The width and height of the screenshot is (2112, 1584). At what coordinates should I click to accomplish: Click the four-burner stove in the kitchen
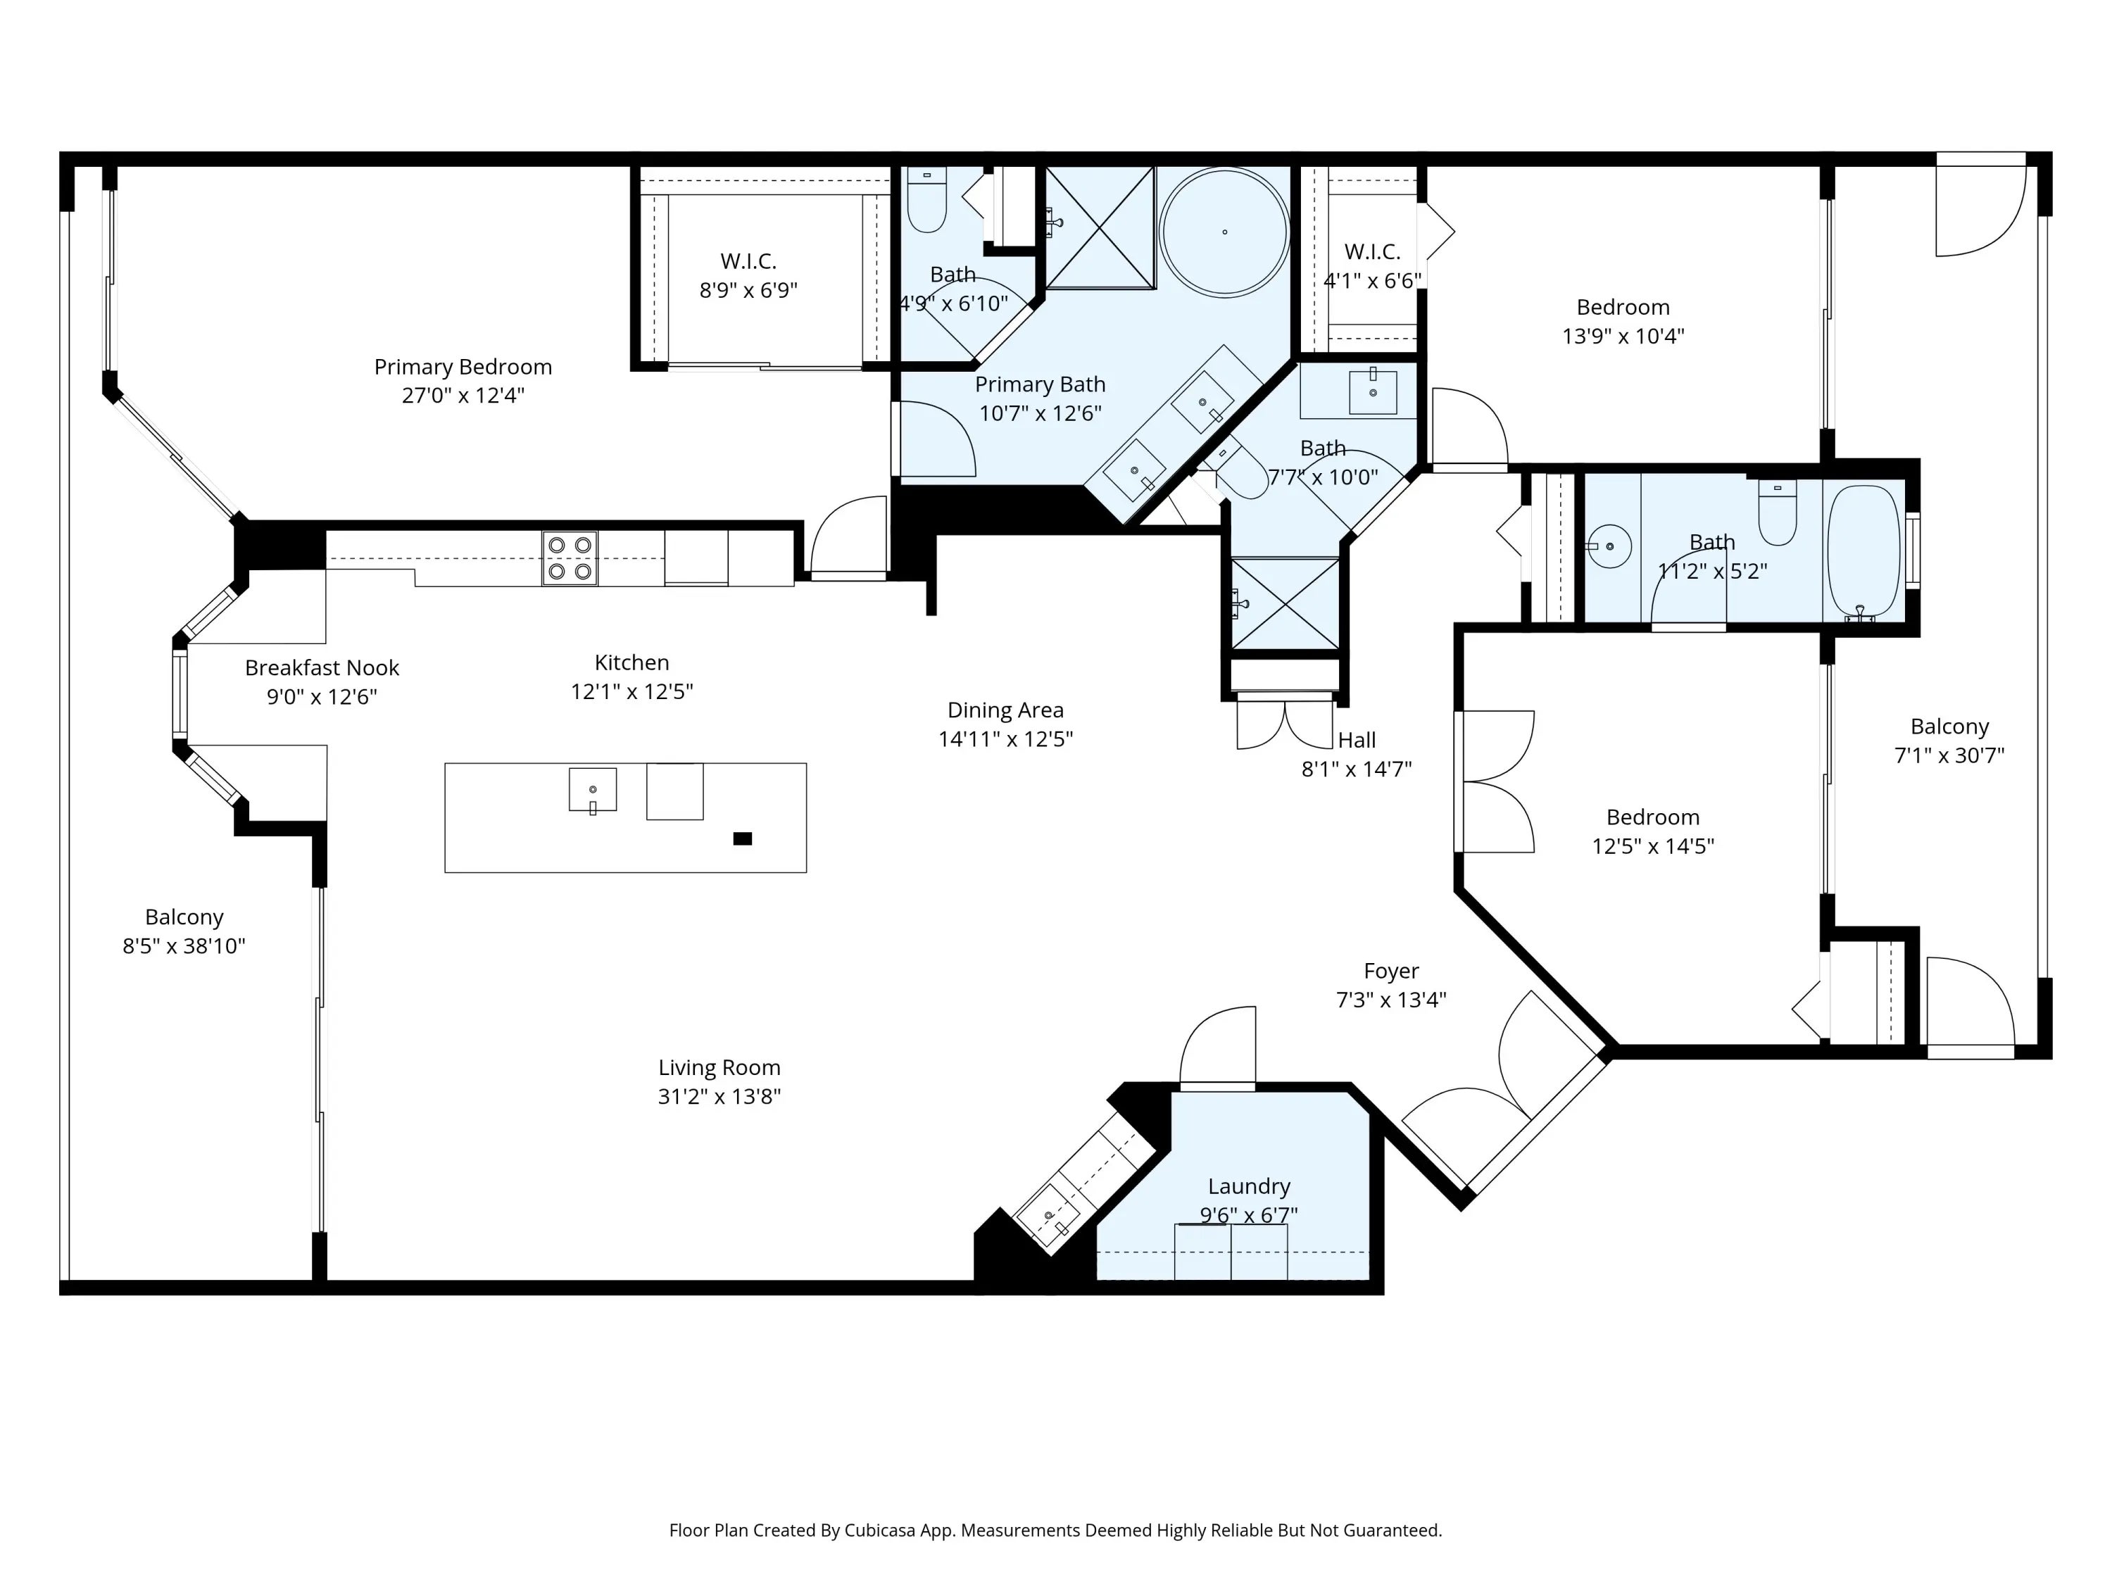click(570, 558)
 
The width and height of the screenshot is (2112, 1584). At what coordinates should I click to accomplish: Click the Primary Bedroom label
click(463, 367)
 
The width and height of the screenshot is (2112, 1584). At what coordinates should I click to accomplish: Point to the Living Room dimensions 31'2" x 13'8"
click(719, 1096)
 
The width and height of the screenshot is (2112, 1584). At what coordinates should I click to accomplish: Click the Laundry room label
click(1249, 1186)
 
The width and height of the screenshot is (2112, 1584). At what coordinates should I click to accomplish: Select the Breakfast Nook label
click(322, 667)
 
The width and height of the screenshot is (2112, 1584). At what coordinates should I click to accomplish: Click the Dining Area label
click(1005, 710)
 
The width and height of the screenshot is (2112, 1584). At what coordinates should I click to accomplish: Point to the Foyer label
click(1391, 971)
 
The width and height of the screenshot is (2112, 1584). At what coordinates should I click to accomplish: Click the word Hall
click(1357, 740)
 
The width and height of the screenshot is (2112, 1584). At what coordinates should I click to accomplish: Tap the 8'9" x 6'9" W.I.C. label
click(748, 275)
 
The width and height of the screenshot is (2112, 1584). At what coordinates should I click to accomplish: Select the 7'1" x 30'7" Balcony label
click(1949, 741)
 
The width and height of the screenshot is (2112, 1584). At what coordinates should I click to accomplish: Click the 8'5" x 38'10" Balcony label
click(184, 931)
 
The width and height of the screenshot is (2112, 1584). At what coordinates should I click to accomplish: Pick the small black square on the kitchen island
click(742, 838)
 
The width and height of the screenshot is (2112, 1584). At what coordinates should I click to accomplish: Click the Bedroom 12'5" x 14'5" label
click(1653, 831)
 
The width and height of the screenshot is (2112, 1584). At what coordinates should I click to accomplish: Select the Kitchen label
click(632, 662)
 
